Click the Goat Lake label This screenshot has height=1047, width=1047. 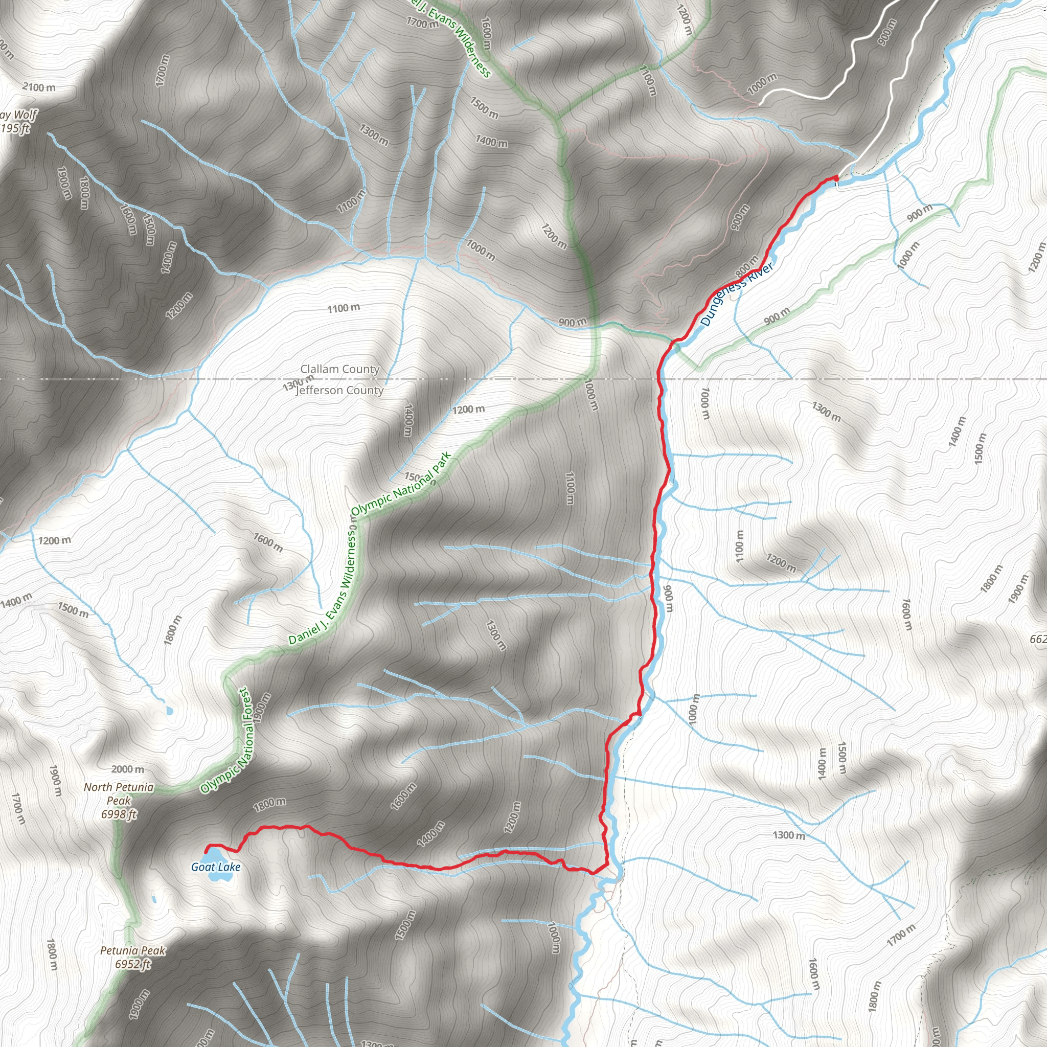tap(216, 867)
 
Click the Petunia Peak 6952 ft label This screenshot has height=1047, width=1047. tap(132, 957)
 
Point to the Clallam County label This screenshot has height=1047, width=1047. tap(340, 369)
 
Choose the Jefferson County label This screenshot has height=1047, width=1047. tap(340, 390)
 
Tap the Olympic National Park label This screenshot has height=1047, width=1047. tap(401, 484)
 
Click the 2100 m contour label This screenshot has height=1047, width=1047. tap(39, 87)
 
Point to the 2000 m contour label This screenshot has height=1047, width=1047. tap(128, 769)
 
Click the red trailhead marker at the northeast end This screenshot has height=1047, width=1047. tap(836, 178)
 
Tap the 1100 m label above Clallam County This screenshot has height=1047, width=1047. tap(344, 308)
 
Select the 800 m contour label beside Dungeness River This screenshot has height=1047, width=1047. tap(747, 265)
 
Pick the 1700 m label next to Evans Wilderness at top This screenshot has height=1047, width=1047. tap(422, 23)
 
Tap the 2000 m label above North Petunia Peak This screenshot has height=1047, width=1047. tap(128, 769)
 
